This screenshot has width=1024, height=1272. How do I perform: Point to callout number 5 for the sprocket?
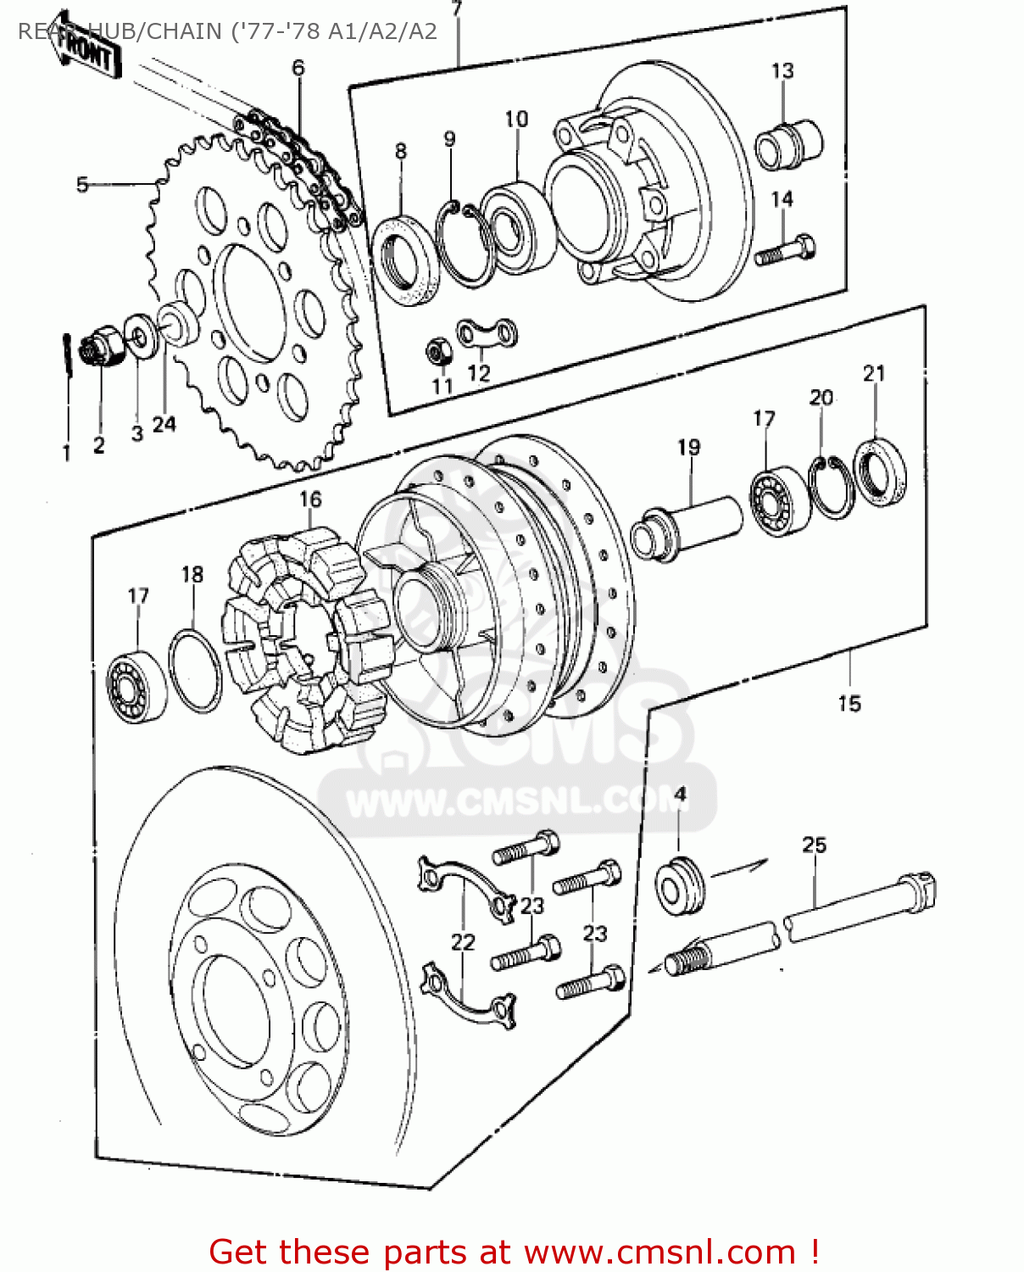pos(82,184)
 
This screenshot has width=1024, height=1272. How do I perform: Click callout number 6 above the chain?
pos(298,68)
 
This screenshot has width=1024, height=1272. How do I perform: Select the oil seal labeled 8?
pos(405,259)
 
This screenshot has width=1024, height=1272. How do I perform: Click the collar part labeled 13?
pos(788,143)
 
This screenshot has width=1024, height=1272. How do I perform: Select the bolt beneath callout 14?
pos(785,251)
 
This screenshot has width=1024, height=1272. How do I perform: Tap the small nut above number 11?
pos(438,349)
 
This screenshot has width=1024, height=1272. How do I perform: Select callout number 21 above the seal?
pos(874,373)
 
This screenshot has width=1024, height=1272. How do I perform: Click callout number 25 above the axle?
pos(814,845)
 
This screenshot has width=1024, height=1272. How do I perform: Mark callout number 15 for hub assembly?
pos(849,703)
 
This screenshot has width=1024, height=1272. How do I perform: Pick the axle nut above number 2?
pos(98,349)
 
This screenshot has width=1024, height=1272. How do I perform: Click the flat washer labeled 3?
pos(139,335)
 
